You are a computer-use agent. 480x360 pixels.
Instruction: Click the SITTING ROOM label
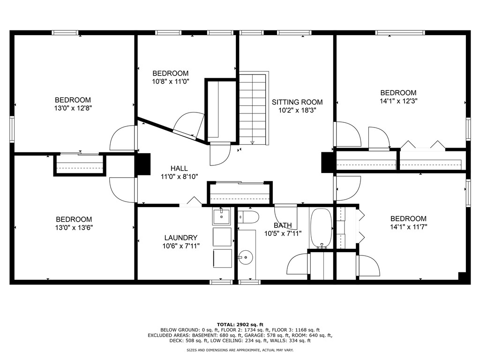coord(297,102)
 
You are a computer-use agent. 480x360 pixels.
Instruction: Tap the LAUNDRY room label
coord(180,238)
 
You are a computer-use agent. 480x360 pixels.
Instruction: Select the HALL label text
coord(179,168)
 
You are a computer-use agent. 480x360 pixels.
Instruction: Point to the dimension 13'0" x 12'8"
coord(73,108)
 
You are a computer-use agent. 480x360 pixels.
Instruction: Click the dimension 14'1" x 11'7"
coord(408,227)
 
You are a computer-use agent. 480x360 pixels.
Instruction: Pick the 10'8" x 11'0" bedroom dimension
coord(171,82)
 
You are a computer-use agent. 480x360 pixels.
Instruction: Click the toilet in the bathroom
coord(248,217)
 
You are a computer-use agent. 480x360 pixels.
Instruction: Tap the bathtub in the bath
coord(321,228)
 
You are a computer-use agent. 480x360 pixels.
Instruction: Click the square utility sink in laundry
coord(222,216)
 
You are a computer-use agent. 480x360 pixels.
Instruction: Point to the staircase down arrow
coord(253,142)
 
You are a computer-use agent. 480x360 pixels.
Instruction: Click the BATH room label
coord(283,225)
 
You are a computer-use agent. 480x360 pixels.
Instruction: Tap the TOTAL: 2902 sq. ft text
coord(240,324)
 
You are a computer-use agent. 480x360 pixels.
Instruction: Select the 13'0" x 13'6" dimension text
coord(74,227)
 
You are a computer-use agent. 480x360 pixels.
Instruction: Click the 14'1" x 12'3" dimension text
coord(398,101)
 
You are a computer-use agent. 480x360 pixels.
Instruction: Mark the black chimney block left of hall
coord(143,164)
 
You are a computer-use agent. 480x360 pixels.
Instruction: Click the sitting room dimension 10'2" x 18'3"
coord(297,110)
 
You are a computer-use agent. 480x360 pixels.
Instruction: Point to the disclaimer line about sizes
coord(240,350)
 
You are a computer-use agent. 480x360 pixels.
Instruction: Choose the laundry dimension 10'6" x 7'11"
coord(181,246)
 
